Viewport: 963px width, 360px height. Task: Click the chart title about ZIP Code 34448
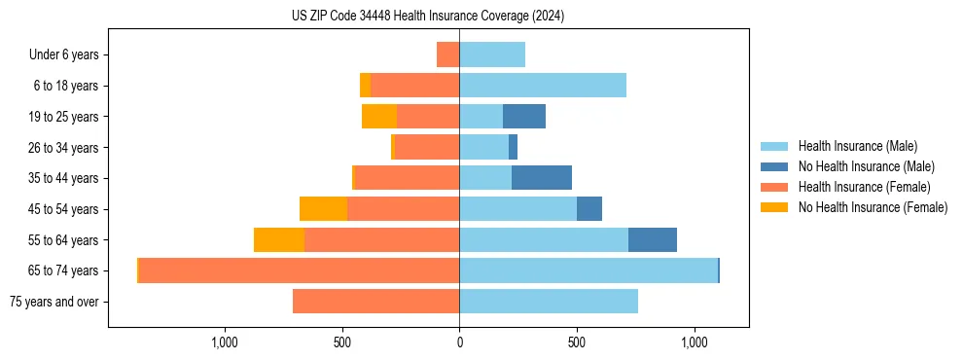427,16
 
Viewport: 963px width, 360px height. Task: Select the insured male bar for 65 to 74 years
588,270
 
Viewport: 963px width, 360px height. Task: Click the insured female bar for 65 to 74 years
299,270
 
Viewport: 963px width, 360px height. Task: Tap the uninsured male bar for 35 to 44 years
542,178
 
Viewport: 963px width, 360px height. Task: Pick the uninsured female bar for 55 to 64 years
279,239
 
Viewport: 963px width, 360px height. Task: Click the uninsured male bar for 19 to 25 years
524,117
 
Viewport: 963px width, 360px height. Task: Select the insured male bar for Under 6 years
492,54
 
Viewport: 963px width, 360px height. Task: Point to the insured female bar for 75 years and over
375,302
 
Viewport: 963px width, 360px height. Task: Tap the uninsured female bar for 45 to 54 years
323,209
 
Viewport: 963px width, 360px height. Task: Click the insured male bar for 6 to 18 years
543,86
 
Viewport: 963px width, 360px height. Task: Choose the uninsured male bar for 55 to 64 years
653,239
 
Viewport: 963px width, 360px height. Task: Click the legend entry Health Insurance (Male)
857,146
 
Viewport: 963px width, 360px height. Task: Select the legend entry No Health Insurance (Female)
873,207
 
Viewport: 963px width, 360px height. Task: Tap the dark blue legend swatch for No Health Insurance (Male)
774,166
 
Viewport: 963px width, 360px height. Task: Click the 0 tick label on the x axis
459,342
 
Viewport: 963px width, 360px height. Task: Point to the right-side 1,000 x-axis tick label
695,342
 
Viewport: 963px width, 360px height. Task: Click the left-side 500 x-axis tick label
342,342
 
